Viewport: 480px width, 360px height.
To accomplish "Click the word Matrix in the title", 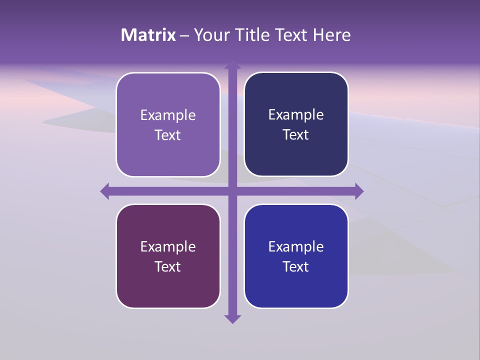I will (x=148, y=35).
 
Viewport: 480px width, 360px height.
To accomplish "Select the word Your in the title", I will (x=211, y=35).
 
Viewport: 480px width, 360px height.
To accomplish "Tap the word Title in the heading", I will (x=252, y=35).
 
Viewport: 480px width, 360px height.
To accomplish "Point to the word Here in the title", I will (x=332, y=35).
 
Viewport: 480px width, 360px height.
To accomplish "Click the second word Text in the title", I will (x=292, y=35).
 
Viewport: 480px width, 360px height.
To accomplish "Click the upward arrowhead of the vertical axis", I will (x=232, y=65).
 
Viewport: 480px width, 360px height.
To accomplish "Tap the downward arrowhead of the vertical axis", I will (x=232, y=318).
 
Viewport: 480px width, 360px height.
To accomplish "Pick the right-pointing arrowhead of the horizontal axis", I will (x=359, y=191).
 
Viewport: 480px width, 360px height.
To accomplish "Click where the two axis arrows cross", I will (x=232, y=191).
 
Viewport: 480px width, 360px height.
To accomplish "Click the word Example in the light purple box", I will (x=168, y=115).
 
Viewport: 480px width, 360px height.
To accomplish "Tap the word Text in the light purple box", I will (x=168, y=135).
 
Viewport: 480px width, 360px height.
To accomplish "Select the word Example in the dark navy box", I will (x=296, y=115).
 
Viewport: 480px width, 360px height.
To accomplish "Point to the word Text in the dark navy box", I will (x=296, y=134).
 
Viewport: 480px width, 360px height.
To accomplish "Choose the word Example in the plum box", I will (x=168, y=247).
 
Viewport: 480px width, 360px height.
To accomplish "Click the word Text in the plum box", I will (x=168, y=266).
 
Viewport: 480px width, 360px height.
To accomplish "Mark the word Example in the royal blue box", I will (x=296, y=247).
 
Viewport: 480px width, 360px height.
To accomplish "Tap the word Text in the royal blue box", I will (x=296, y=266).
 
